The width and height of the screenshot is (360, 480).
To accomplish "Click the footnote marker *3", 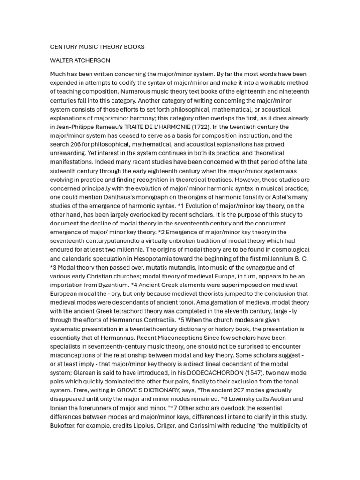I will (54, 267).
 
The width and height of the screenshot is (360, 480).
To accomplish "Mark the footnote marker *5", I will (181, 320).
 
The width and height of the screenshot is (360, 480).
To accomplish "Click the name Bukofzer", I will (64, 425).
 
